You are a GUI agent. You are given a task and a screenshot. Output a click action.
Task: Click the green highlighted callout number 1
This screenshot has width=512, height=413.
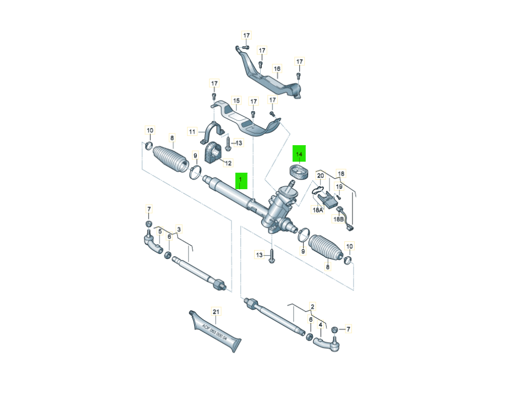[x=241, y=181]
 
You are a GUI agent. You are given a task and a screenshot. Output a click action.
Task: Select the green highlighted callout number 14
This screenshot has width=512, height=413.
[x=299, y=153]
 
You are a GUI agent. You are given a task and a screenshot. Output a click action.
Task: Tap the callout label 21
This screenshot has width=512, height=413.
[x=216, y=312]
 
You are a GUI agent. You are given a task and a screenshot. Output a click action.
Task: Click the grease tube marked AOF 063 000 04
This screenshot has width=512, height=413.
[x=215, y=332]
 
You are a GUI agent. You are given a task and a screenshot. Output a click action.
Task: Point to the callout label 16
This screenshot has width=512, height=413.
[x=277, y=69]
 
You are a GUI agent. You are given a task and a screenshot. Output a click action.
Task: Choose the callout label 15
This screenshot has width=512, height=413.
[x=236, y=101]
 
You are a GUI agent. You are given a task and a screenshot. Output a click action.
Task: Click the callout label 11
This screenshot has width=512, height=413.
[x=192, y=131]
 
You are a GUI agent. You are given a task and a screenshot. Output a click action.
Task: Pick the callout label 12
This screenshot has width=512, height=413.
[x=228, y=163]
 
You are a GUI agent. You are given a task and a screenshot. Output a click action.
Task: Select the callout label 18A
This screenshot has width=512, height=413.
[x=318, y=210]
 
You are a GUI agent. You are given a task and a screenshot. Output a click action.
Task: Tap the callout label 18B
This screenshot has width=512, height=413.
[x=338, y=219]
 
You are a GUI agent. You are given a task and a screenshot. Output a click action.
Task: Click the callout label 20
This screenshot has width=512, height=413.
[x=321, y=175]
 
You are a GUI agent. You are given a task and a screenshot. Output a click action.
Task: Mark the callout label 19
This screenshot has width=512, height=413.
[x=340, y=187]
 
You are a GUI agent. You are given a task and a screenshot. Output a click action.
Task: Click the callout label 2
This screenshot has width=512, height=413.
[x=312, y=306]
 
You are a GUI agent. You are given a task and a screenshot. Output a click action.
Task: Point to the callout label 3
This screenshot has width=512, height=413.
[x=179, y=229]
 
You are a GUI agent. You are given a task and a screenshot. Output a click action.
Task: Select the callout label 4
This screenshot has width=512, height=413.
[x=321, y=325]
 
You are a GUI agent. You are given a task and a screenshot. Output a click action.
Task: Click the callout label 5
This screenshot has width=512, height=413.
[x=160, y=232]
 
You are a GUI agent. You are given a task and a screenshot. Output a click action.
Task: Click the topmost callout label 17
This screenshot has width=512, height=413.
[x=246, y=35]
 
